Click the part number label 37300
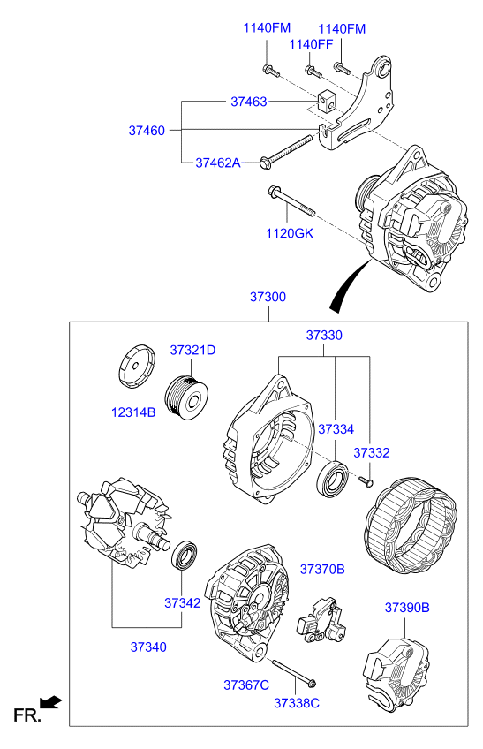tap(267, 298)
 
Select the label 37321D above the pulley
tap(192, 351)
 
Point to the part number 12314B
tap(132, 412)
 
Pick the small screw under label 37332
tap(366, 480)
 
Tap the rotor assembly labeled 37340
tap(119, 528)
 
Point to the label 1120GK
tap(290, 233)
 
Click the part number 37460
tap(147, 130)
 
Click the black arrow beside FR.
tap(52, 702)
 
